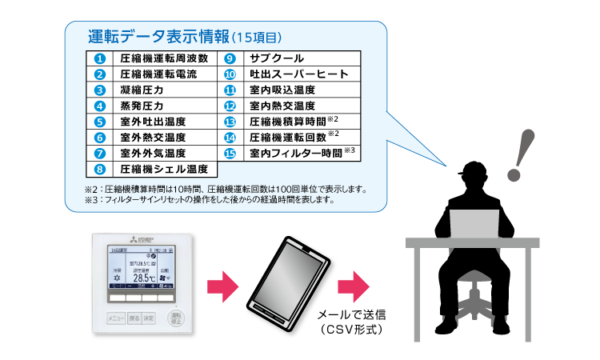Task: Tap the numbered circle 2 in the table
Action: tap(99, 74)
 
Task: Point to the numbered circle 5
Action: tap(99, 122)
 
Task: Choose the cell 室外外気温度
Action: tap(153, 153)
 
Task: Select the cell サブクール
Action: tap(275, 58)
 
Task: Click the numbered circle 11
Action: tap(230, 90)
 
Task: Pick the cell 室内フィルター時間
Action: tap(295, 153)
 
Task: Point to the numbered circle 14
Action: tap(230, 137)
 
